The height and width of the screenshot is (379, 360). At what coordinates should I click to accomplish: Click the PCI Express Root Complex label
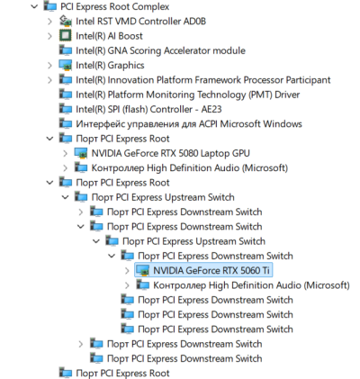click(115, 6)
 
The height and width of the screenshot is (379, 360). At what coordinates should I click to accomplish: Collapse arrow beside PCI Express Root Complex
click(34, 6)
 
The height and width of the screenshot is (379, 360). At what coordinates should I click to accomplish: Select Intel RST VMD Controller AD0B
click(140, 22)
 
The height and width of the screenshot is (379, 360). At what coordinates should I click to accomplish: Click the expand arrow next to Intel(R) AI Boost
click(49, 36)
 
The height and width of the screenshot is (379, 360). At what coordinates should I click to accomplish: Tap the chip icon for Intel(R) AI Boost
click(66, 35)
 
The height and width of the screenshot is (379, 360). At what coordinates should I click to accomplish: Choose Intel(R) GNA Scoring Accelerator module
click(160, 50)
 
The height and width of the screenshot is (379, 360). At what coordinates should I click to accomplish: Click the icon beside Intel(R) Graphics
click(66, 65)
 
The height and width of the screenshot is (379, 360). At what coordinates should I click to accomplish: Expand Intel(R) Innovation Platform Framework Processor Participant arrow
click(49, 80)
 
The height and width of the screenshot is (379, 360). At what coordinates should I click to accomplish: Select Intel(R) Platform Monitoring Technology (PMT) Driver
click(188, 95)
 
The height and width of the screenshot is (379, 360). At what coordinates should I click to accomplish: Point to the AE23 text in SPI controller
click(211, 109)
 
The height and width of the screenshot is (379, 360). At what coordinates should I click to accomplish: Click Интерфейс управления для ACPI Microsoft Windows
click(189, 124)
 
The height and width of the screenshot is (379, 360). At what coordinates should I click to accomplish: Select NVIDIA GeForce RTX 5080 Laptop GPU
click(170, 153)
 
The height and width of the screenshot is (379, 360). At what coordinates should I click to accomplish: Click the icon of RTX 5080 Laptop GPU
click(81, 153)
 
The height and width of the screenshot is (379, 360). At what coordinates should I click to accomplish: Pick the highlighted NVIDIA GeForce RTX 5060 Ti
click(211, 271)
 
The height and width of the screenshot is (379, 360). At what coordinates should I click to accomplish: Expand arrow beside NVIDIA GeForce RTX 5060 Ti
click(127, 271)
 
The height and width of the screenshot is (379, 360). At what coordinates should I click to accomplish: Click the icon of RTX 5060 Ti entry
click(143, 271)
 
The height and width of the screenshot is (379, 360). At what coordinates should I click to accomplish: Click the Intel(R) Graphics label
click(110, 66)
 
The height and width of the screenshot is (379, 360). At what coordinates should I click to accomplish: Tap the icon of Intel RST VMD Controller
click(66, 21)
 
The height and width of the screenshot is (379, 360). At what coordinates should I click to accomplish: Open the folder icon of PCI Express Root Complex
click(50, 6)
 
